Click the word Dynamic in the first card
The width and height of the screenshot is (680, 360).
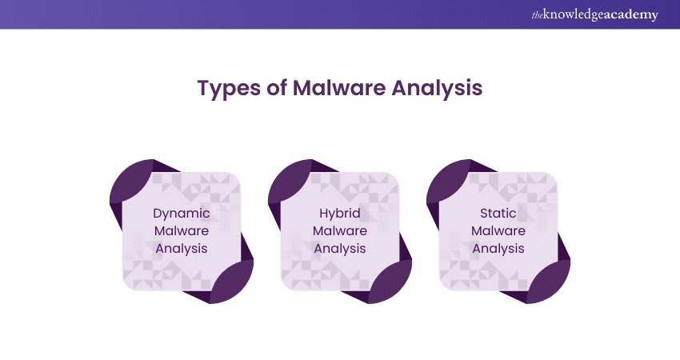click(x=182, y=214)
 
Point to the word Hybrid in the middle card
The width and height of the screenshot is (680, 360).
click(x=340, y=214)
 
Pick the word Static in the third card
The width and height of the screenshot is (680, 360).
click(x=498, y=214)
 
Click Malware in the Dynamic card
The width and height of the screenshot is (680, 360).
click(x=182, y=231)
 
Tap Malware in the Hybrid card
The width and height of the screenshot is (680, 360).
click(x=340, y=231)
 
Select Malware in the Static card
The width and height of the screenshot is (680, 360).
click(x=498, y=231)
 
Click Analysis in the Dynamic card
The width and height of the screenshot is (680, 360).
click(x=182, y=248)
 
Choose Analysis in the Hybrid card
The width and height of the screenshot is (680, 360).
click(x=340, y=248)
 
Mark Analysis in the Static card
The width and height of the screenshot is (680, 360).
click(x=498, y=248)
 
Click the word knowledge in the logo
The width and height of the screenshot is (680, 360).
click(x=580, y=15)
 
